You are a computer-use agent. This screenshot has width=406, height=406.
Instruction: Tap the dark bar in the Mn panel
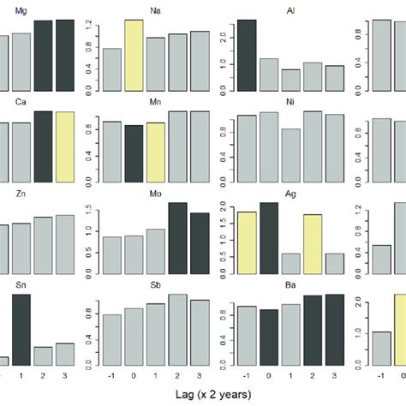pyautogui.click(x=133, y=153)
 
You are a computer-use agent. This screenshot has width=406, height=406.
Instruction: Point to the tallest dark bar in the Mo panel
pyautogui.click(x=177, y=239)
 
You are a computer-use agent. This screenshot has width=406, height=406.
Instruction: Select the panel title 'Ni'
pyautogui.click(x=290, y=102)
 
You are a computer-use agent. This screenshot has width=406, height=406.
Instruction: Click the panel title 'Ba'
pyautogui.click(x=290, y=285)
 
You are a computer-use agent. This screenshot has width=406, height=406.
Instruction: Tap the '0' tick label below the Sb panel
pyautogui.click(x=133, y=376)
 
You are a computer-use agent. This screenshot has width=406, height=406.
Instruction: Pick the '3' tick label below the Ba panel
pyautogui.click(x=335, y=376)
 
